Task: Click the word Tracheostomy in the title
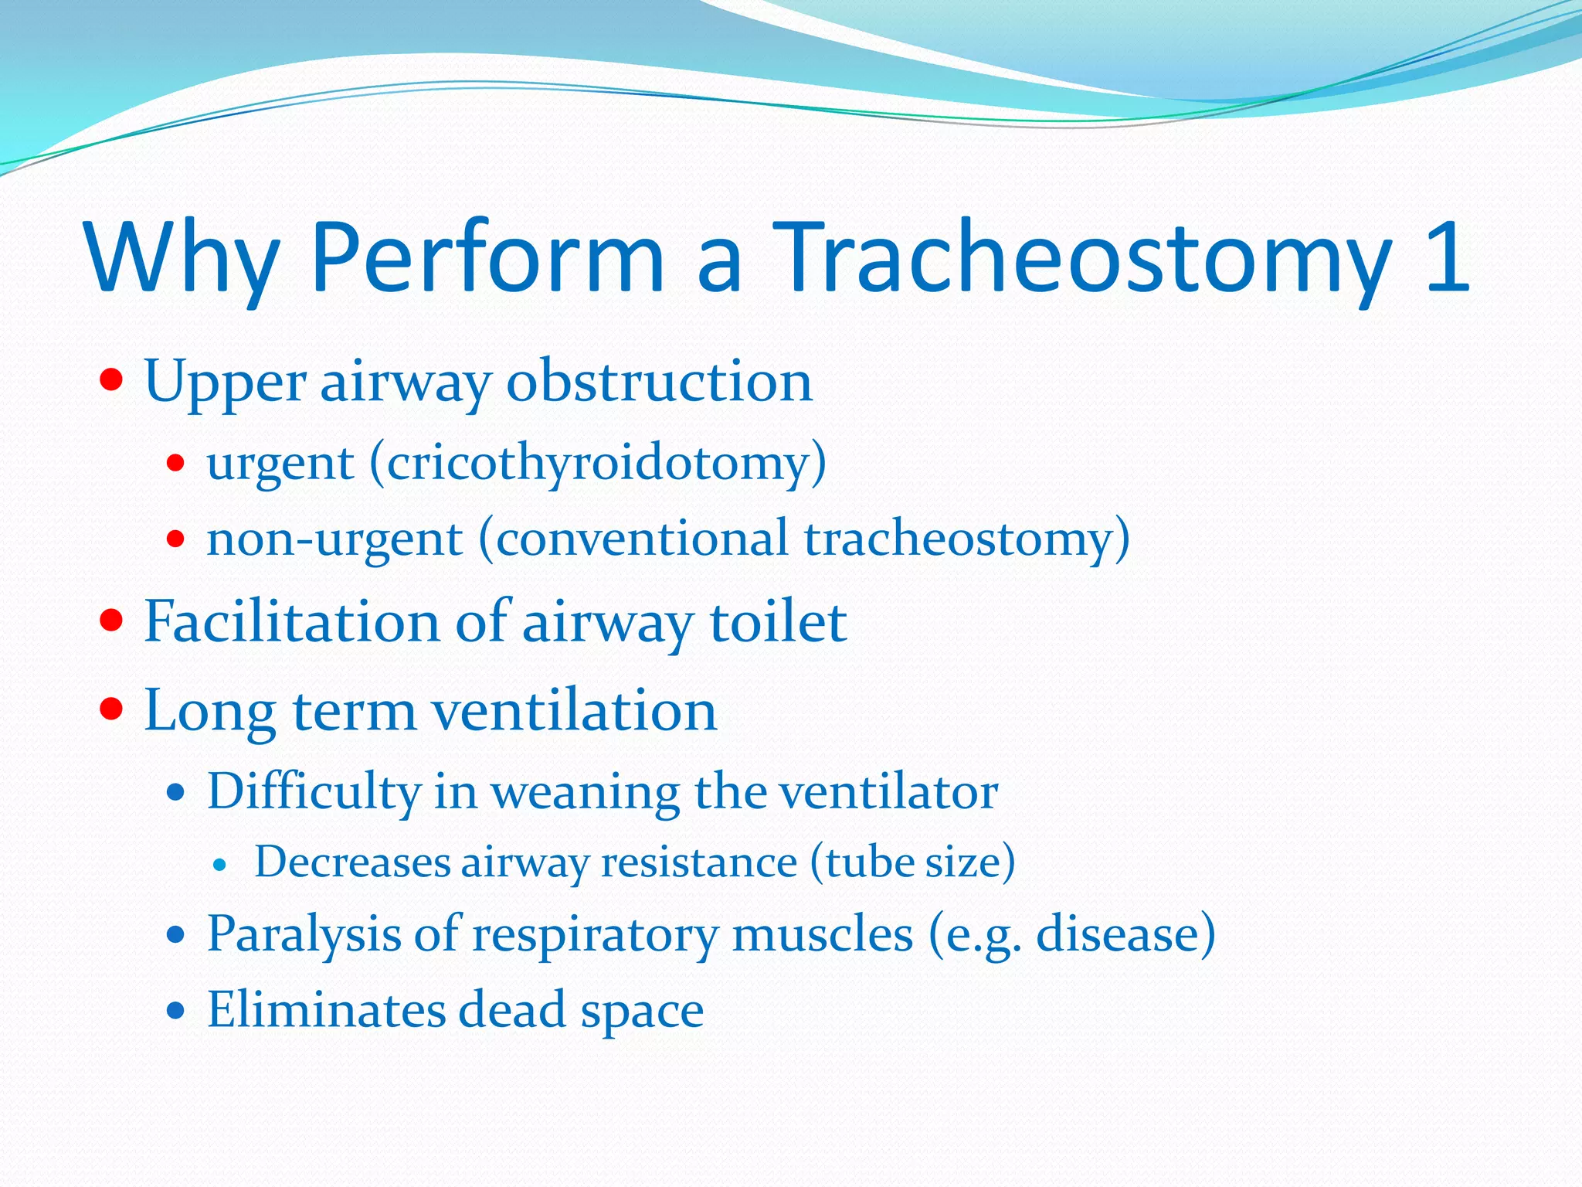(x=1081, y=259)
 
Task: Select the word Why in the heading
(x=182, y=259)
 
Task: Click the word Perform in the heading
(x=487, y=259)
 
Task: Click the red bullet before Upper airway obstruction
(x=112, y=380)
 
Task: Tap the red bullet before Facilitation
(x=112, y=621)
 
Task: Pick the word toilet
(x=778, y=622)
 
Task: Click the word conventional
(x=641, y=539)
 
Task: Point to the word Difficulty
(x=313, y=792)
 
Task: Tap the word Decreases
(x=352, y=862)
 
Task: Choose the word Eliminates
(x=325, y=1010)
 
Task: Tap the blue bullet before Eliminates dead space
(x=177, y=1010)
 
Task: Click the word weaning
(x=585, y=792)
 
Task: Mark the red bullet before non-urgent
(x=176, y=539)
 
